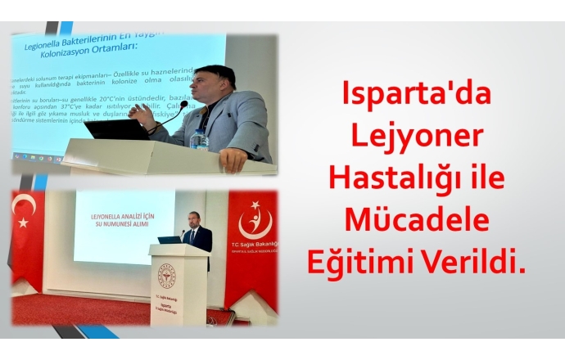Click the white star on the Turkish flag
(24, 222)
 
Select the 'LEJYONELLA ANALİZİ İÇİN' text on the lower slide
(124, 217)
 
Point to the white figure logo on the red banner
(252, 222)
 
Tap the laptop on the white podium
(169, 240)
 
